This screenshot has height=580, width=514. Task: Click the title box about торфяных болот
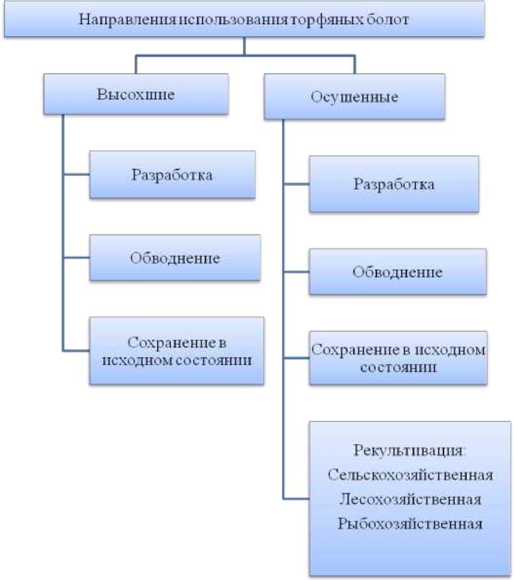(x=244, y=19)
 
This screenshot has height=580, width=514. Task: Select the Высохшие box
(x=135, y=94)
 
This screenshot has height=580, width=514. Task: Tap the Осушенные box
(x=354, y=97)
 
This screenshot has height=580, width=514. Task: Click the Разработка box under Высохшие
(x=172, y=175)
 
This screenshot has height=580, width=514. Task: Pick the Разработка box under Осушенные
(x=394, y=185)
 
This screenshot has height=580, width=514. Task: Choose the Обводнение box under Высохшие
(x=174, y=258)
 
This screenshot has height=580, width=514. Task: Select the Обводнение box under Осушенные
(x=397, y=272)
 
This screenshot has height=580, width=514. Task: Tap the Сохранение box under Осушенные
(x=397, y=357)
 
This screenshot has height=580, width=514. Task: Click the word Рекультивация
(x=409, y=450)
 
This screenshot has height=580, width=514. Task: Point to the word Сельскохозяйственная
(x=411, y=475)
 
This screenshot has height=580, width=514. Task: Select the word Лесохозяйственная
(x=411, y=500)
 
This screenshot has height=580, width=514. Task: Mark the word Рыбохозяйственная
(x=411, y=523)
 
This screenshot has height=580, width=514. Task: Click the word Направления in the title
(x=127, y=19)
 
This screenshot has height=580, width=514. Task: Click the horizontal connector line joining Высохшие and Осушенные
(x=245, y=57)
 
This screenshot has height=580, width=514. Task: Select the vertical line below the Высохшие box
(x=64, y=231)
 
